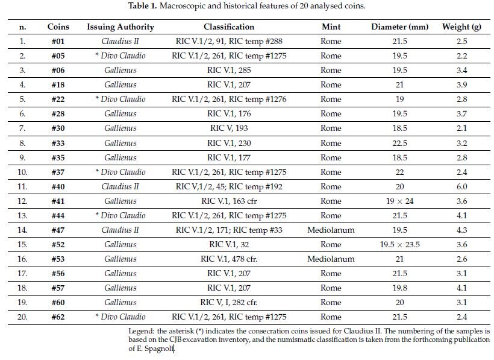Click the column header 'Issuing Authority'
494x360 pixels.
click(120, 27)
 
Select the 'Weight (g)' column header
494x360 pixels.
click(461, 27)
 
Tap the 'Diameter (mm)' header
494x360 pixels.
click(399, 27)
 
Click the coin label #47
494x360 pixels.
click(58, 230)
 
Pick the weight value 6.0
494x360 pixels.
click(461, 186)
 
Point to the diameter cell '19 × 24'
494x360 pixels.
click(399, 201)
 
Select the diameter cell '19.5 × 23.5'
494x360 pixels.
click(399, 244)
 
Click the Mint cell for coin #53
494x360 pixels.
click(331, 259)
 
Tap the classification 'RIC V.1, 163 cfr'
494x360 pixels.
click(228, 201)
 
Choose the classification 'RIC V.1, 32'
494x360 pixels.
click(228, 244)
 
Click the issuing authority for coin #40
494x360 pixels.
click(120, 186)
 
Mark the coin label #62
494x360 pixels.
click(58, 317)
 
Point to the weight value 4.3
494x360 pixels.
click(461, 230)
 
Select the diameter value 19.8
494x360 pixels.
click(399, 288)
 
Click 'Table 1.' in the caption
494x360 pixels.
click(144, 6)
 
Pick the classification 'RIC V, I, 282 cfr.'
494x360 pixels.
click(228, 302)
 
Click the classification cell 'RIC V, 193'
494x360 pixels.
click(228, 128)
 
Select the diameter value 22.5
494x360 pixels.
click(399, 143)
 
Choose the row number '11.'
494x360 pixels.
click(22, 186)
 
